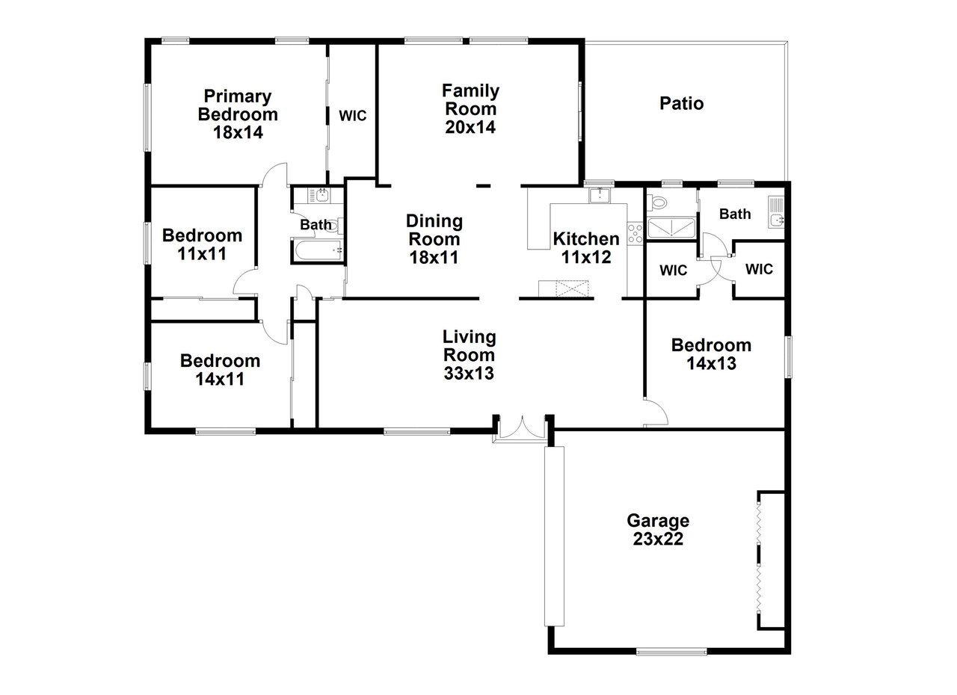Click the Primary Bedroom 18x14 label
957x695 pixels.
pyautogui.click(x=237, y=114)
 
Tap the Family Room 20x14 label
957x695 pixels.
pyautogui.click(x=470, y=108)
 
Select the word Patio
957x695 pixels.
pyautogui.click(x=681, y=103)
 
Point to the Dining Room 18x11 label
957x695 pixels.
pyautogui.click(x=434, y=239)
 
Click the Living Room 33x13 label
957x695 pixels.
pyautogui.click(x=469, y=355)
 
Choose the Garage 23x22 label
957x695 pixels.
pyautogui.click(x=658, y=529)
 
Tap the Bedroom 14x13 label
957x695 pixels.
pyautogui.click(x=711, y=354)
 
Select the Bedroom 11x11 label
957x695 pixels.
pyautogui.click(x=202, y=244)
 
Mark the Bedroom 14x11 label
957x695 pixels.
pyautogui.click(x=220, y=370)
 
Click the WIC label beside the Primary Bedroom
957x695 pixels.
pyautogui.click(x=352, y=116)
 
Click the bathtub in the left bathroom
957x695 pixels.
pyautogui.click(x=317, y=251)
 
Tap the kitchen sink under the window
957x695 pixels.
pyautogui.click(x=599, y=196)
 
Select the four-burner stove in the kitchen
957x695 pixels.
pyautogui.click(x=636, y=234)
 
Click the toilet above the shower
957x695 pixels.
pyautogui.click(x=659, y=202)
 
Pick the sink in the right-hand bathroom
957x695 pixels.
pyautogui.click(x=777, y=219)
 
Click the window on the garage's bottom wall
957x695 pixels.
pyautogui.click(x=671, y=651)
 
